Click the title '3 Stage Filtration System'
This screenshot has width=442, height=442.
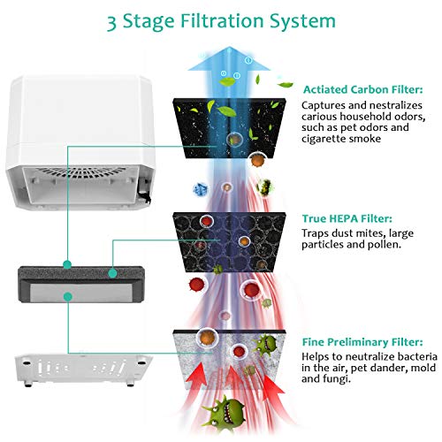(x=221, y=21)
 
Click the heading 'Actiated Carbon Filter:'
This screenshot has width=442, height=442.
(x=362, y=89)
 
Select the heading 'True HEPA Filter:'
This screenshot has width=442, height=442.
(x=347, y=218)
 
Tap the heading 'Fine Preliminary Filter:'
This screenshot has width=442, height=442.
(x=362, y=342)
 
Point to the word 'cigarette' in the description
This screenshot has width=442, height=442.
(x=324, y=139)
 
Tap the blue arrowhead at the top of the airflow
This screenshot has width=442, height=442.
(x=229, y=59)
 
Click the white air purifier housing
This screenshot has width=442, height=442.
(x=80, y=141)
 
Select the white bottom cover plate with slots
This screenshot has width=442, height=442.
(x=82, y=369)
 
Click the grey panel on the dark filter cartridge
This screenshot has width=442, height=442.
(x=81, y=293)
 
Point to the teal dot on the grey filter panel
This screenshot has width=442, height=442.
(x=68, y=297)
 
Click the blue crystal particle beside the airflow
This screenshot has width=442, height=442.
(x=200, y=189)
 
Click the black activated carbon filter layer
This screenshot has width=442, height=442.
(x=229, y=128)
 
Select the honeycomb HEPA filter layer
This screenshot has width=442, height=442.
(x=229, y=242)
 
